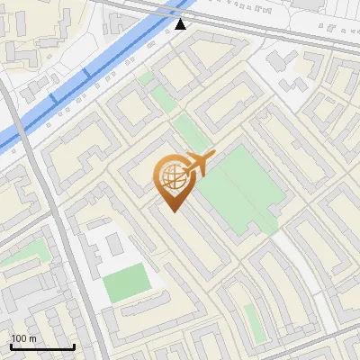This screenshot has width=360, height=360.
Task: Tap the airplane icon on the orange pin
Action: pyautogui.click(x=197, y=165)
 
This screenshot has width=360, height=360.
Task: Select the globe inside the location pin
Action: pyautogui.click(x=171, y=175)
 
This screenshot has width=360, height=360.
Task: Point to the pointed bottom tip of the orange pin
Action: pyautogui.click(x=172, y=211)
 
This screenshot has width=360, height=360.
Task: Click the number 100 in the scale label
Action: pyautogui.click(x=19, y=338)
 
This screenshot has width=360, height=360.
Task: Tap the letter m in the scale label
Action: pyautogui.click(x=32, y=338)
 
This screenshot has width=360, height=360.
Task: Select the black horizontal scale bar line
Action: pyautogui.click(x=42, y=346)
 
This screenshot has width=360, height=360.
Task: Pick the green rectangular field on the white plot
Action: pyautogui.click(x=126, y=283)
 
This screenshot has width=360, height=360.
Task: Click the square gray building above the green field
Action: pyautogui.click(x=113, y=243)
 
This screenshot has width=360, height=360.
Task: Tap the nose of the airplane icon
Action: pyautogui.click(x=213, y=155)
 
